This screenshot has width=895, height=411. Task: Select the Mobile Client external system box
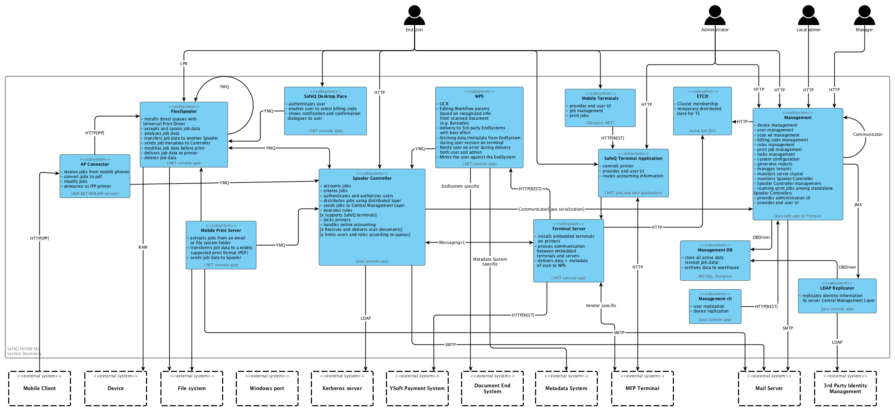coord(39,388)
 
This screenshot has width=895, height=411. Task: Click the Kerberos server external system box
coord(342,388)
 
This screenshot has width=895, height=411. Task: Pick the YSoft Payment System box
coord(417,388)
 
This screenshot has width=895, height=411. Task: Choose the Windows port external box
coord(267,388)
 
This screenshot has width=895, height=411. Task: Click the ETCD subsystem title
coord(702,96)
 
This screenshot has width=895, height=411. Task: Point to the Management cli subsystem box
coord(715,306)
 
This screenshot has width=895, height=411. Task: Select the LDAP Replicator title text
coord(837,288)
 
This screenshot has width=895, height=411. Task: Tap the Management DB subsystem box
coord(715,260)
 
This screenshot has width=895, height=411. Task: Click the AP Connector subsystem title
coord(95,164)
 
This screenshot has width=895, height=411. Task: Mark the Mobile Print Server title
coord(221,230)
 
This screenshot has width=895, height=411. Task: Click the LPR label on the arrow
coord(183,63)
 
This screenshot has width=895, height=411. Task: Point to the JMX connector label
coord(858,205)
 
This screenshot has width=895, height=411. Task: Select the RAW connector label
coord(143,247)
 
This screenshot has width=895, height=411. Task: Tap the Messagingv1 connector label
coord(452,242)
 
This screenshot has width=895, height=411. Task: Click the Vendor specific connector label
coord(601,306)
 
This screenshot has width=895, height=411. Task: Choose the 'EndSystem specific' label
coord(460,186)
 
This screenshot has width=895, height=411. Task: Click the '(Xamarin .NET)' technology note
coord(600,123)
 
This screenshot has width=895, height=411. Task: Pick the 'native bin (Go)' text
coord(702,131)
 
